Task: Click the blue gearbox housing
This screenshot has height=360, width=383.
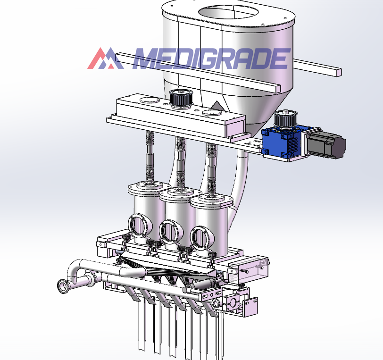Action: (x=282, y=141)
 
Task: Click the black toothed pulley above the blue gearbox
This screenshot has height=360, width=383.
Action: (x=285, y=119)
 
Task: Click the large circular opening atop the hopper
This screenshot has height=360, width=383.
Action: (x=228, y=13)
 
